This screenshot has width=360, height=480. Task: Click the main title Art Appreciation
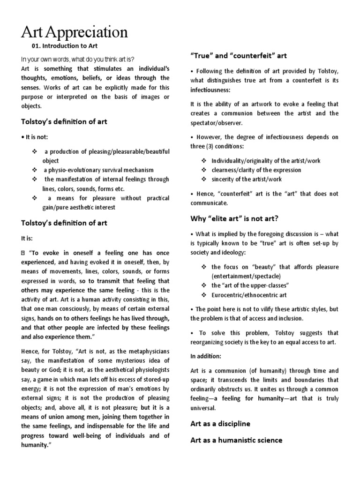point(75,32)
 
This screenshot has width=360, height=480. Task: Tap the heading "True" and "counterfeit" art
point(238,55)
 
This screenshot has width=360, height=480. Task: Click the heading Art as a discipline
point(220,423)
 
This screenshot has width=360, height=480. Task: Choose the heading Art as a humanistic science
point(236,440)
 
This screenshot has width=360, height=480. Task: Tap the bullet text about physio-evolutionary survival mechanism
point(98,170)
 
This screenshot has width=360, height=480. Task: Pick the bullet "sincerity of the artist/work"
point(247,179)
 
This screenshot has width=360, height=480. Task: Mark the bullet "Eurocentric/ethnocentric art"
point(249,295)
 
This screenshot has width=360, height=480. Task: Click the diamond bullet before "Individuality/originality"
point(204,161)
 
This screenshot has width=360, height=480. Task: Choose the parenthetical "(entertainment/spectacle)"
point(246,276)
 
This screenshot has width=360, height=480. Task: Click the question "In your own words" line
point(77,59)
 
